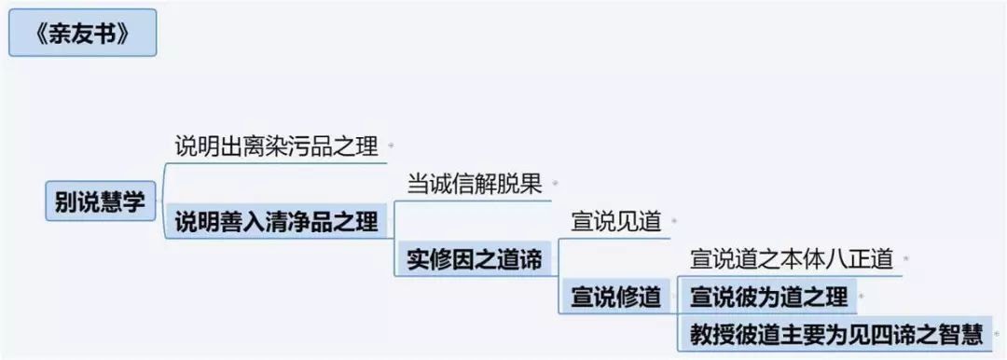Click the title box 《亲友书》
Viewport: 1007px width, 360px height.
[82, 33]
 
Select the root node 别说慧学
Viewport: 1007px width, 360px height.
[100, 201]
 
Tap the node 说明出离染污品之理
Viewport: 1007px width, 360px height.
[277, 147]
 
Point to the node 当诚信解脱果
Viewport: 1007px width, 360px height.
[476, 185]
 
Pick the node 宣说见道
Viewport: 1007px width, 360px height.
[616, 222]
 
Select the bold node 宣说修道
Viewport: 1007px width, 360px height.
[616, 297]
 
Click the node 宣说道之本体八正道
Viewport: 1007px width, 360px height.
[792, 259]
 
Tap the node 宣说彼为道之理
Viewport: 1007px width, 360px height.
[768, 297]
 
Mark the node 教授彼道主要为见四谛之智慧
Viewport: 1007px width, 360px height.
[836, 334]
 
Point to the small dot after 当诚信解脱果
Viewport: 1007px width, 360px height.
[555, 185]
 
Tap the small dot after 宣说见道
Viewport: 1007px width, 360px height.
[674, 222]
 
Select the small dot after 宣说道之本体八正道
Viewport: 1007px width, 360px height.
[906, 259]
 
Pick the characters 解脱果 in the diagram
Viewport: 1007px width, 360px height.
[510, 185]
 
